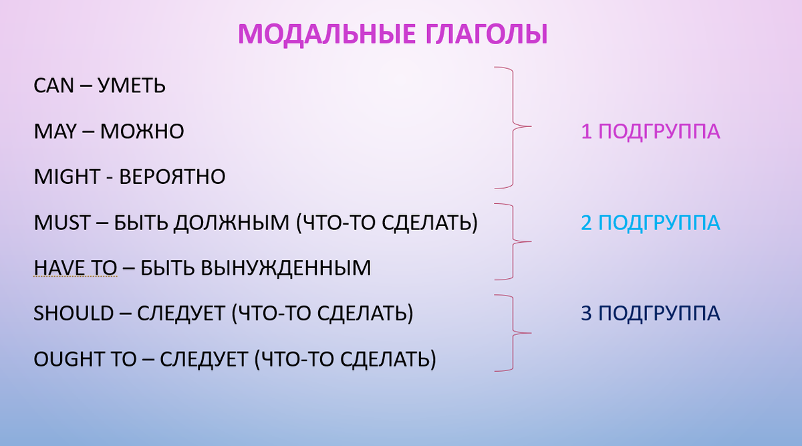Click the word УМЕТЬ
[132, 86]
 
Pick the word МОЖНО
[142, 132]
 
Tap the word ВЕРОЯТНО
[172, 177]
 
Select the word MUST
[61, 223]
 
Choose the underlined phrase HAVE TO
[75, 268]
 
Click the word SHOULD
[74, 314]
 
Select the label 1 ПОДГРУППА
[650, 132]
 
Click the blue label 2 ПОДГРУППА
[650, 223]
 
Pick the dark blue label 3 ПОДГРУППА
[650, 314]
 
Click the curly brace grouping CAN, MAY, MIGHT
[515, 126]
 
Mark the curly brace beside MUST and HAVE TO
[515, 241]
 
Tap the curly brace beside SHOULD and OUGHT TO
[515, 332]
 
